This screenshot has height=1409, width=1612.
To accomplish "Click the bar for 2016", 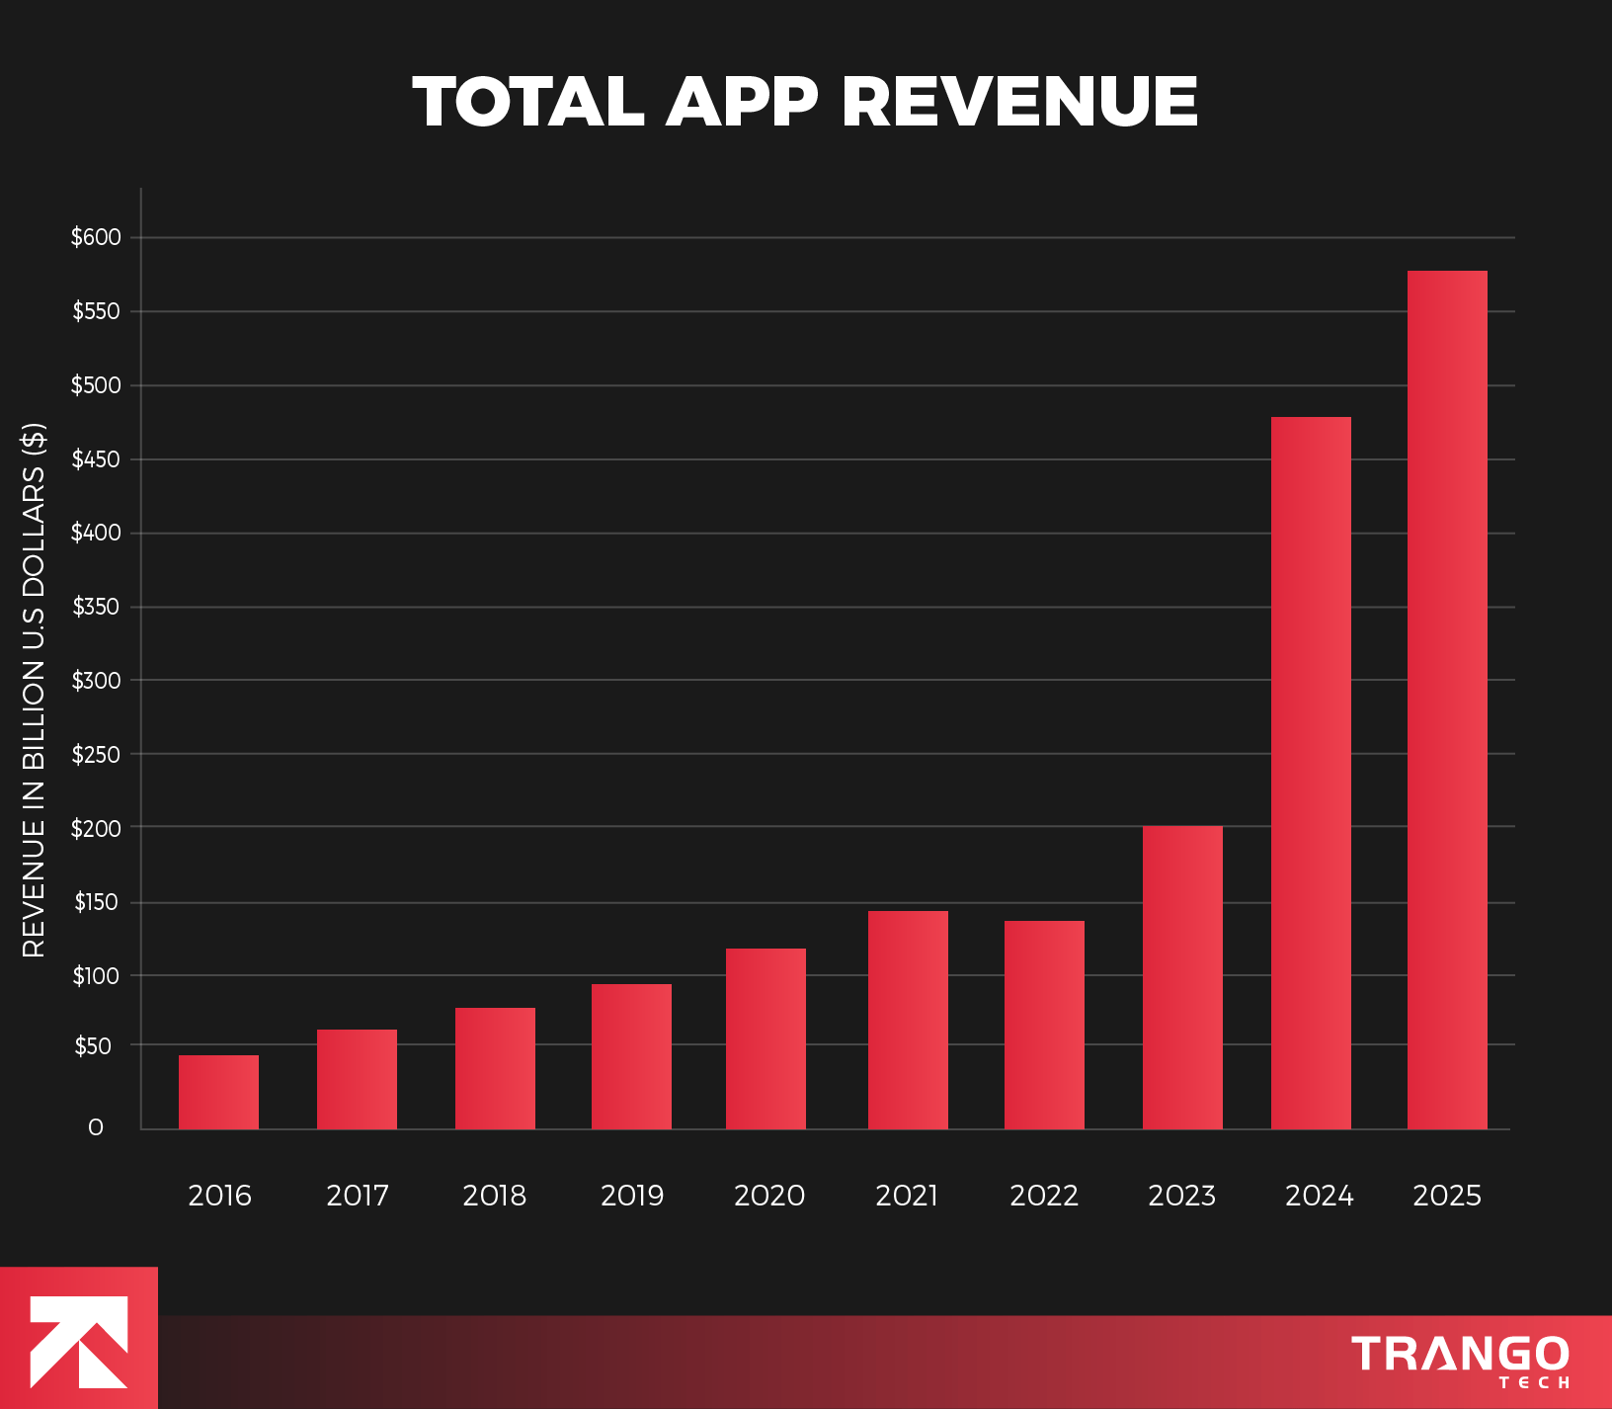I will coord(218,1092).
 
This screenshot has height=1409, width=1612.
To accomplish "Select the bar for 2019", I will coord(631,1056).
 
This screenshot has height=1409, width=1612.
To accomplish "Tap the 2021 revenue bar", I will coord(908,1020).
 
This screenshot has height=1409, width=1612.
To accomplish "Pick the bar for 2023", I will coord(1182,977).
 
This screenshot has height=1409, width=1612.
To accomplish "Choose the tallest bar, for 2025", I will coord(1447,700).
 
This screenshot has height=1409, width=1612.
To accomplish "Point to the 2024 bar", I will coord(1311,773).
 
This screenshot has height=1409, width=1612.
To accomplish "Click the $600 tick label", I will coord(96,237).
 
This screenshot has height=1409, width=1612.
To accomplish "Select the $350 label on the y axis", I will coord(96,607).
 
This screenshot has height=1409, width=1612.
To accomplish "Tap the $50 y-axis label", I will coord(94,1046).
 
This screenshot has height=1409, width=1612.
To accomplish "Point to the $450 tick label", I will coord(96,459).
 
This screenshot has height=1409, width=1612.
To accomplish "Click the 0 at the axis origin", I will coord(96,1127).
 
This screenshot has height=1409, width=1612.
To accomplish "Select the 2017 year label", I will coord(358,1196).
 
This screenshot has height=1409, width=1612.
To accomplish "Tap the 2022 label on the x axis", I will coord(1044,1196).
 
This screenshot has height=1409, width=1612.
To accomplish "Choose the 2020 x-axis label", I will coord(769,1196).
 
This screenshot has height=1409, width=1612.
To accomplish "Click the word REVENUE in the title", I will coord(1019,103).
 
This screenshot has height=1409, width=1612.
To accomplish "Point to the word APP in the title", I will coord(743,103).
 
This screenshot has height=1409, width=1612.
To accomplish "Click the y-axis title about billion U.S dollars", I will coord(34,690).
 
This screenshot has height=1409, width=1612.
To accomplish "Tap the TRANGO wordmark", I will coord(1460,1354).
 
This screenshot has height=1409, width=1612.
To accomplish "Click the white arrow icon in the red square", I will coord(79,1341).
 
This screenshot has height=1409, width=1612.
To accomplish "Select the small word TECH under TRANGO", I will coord(1534,1383).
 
